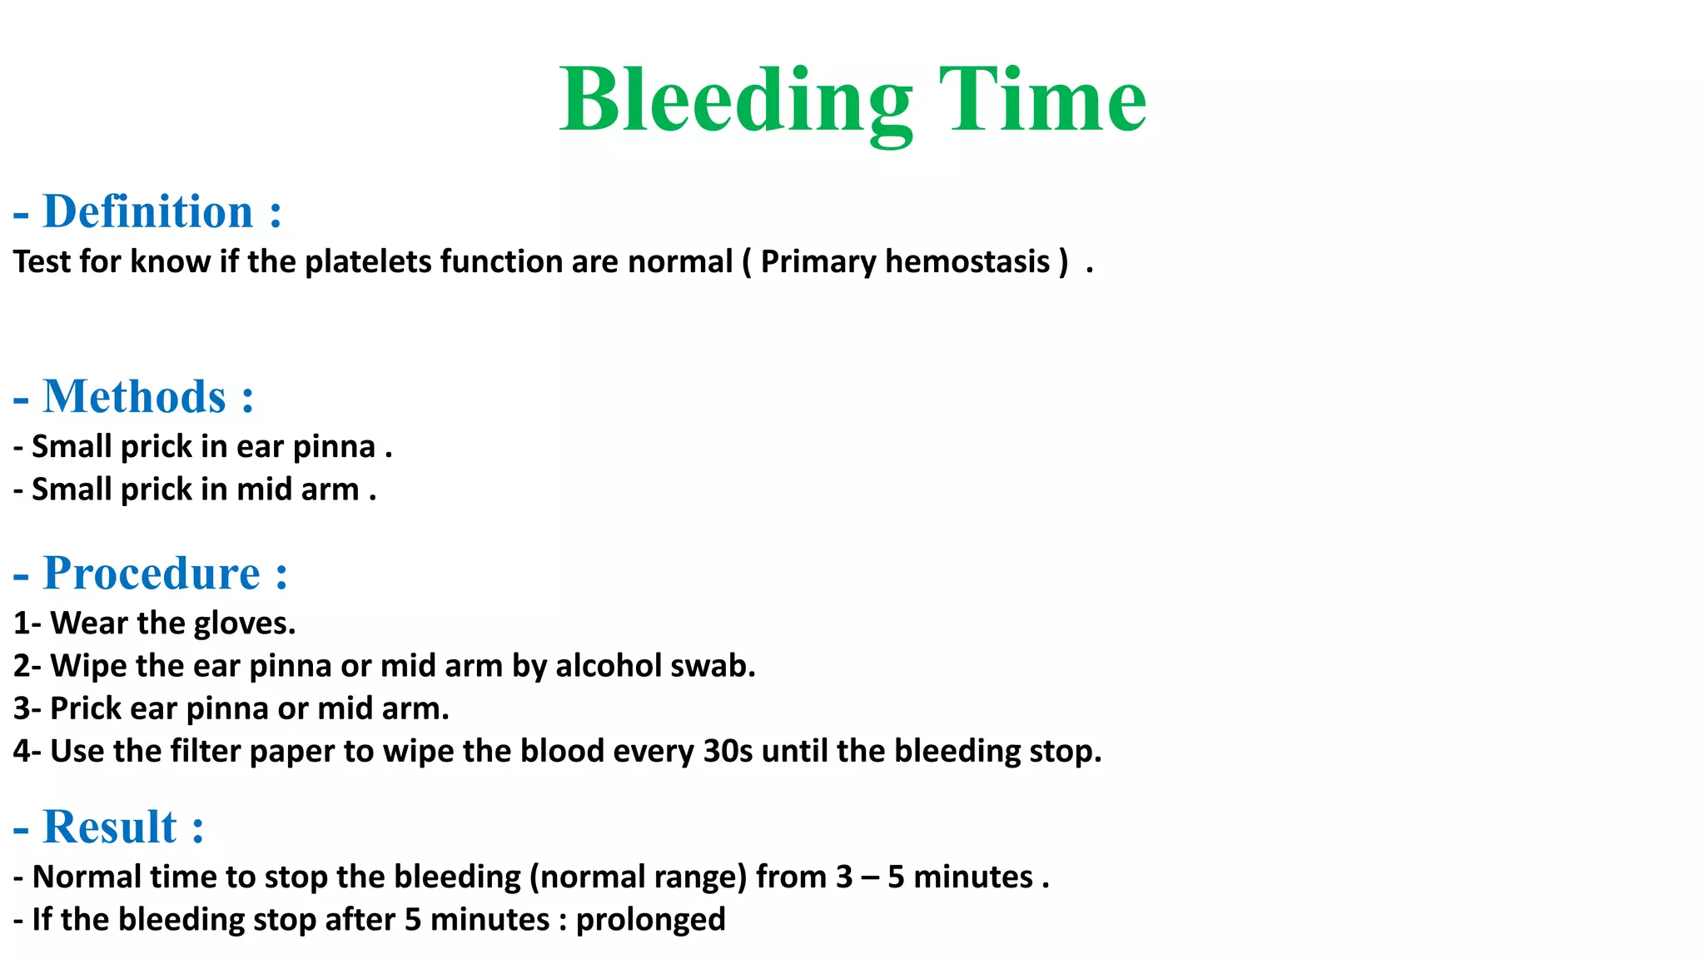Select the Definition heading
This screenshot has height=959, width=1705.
(148, 211)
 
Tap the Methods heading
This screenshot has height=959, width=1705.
(135, 396)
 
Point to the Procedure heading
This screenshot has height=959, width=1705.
(152, 574)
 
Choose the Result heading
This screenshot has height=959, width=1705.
(110, 827)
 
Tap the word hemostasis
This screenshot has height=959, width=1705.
(967, 261)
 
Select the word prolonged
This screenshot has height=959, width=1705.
(650, 920)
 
